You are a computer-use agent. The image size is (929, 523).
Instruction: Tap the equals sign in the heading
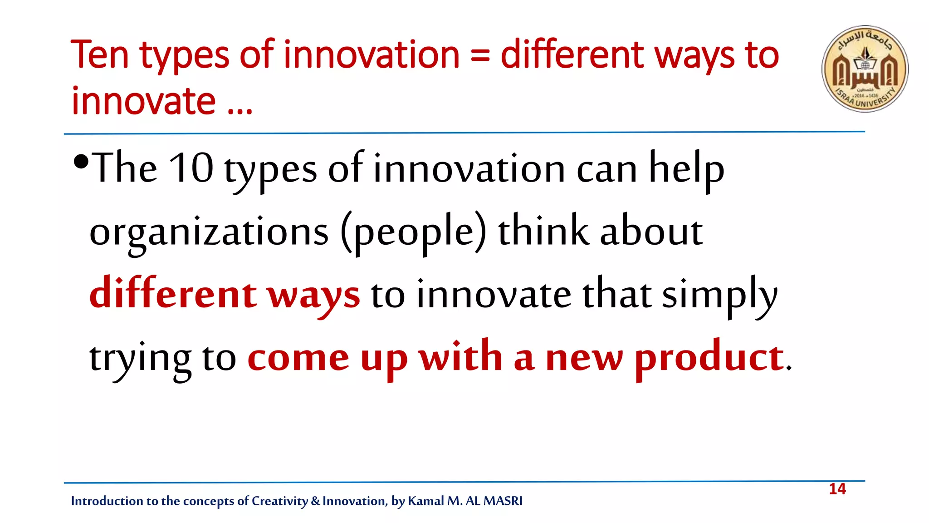pos(480,57)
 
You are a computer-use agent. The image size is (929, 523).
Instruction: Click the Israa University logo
pos(865,69)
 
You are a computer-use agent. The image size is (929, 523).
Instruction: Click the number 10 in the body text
pos(191,168)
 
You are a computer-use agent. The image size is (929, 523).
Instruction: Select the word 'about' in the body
pos(651,231)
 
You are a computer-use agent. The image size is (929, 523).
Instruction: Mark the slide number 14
pos(837,489)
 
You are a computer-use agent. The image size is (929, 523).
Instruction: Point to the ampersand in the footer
pos(315,501)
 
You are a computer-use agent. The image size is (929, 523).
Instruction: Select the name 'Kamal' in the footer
pos(426,501)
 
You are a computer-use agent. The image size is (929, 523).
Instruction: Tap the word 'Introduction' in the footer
pos(107,501)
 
